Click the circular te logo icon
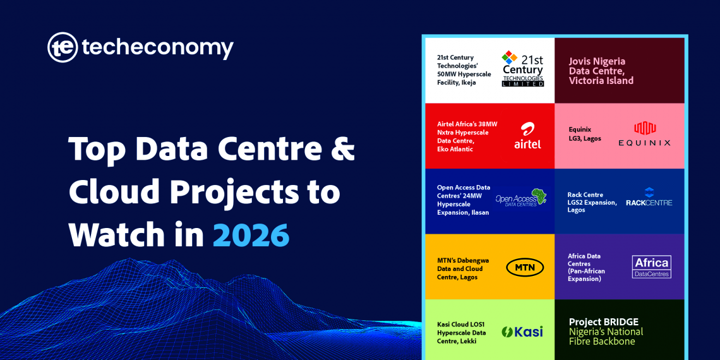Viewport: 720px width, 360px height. point(63,48)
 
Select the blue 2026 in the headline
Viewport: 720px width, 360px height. point(251,234)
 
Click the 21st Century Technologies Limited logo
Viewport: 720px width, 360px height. point(522,69)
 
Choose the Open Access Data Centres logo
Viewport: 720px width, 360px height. point(521,198)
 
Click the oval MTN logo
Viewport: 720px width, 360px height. point(525,267)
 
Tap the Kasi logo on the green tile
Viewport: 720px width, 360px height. point(522,332)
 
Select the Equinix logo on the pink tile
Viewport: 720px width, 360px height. point(644,134)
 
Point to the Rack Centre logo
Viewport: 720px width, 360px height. point(649,198)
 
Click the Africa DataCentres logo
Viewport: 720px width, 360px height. point(651,267)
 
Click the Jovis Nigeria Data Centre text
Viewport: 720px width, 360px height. point(601,71)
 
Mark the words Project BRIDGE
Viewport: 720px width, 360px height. point(603,322)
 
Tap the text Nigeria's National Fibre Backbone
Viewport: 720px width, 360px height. point(606,337)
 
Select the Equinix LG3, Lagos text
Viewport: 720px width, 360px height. point(585,134)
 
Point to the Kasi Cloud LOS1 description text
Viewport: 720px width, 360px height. point(462,333)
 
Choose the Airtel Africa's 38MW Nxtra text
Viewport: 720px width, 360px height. point(467,136)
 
